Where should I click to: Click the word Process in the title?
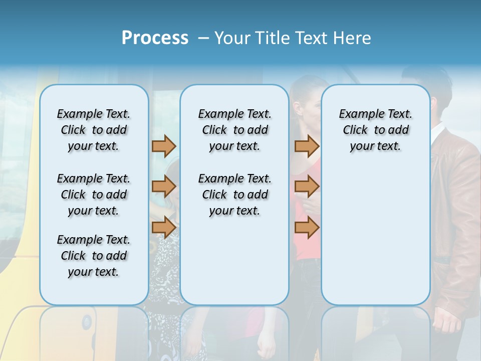point(155,38)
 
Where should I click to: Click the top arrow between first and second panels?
point(164,146)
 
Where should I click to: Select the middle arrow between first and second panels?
point(164,187)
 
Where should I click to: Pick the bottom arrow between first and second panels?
point(164,227)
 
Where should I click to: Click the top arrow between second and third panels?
point(307,146)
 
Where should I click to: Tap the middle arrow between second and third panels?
point(307,187)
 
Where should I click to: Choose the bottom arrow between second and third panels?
point(307,227)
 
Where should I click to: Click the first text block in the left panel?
point(94,130)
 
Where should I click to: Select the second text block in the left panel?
point(94,195)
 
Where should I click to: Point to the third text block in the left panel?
point(94,256)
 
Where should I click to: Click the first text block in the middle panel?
point(234,130)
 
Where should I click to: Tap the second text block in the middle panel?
point(234,195)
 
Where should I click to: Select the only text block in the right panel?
point(375,130)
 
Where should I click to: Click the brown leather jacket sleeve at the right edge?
point(458,211)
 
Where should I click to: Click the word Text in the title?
point(306,38)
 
